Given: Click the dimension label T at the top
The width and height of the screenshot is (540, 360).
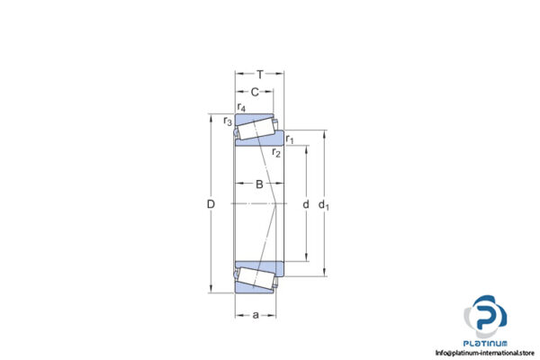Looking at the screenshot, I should (x=260, y=75).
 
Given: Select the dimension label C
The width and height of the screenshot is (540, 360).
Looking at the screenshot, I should (x=255, y=92).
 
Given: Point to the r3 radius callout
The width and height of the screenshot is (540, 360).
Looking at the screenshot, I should (x=228, y=121).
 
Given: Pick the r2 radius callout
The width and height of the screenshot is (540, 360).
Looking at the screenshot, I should (x=276, y=154).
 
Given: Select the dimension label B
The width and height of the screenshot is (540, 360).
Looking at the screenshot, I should (x=259, y=185).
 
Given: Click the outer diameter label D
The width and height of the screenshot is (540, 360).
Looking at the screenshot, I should (x=211, y=204).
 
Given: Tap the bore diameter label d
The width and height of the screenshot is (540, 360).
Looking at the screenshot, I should (x=305, y=204).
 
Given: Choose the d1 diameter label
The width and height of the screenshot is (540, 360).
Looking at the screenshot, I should (x=324, y=204).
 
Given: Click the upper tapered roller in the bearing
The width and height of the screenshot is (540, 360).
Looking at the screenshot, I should (x=257, y=129).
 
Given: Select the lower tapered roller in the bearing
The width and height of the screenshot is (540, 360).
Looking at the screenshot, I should (x=257, y=275).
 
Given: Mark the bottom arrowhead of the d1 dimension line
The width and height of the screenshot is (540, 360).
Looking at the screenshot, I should (x=323, y=273).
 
